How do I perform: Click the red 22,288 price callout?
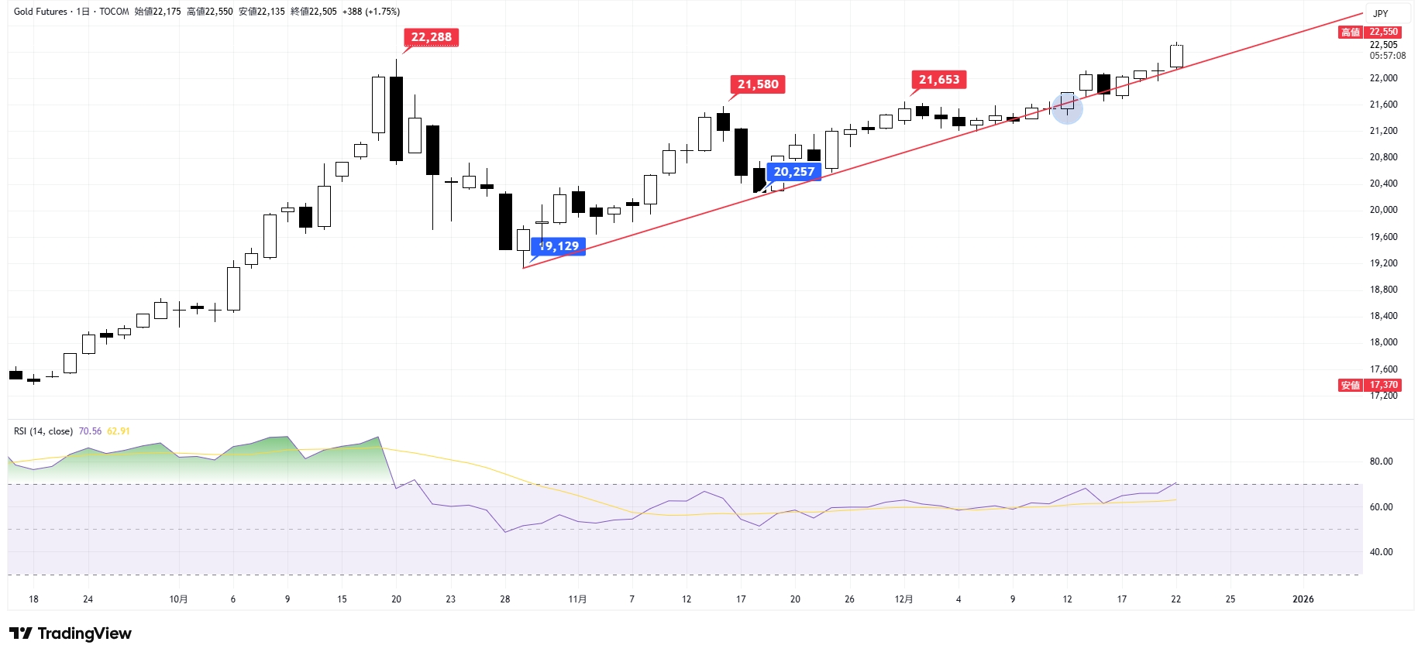point(431,37)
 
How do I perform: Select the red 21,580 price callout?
point(757,84)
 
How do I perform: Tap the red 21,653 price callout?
point(938,80)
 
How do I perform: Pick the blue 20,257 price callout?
point(793,172)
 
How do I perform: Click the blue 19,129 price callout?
point(559,246)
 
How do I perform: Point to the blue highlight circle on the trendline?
point(1067,108)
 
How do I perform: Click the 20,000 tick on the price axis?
point(1383,210)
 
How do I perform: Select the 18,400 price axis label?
point(1383,316)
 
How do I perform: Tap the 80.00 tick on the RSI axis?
point(1381,462)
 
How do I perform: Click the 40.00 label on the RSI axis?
point(1381,552)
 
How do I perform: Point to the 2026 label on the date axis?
point(1303,599)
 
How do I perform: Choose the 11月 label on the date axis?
point(577,599)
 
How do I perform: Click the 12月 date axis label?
point(903,599)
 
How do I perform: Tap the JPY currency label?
point(1380,13)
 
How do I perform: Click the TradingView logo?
point(71,633)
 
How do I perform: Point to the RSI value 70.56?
point(90,431)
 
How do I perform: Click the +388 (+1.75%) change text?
point(371,12)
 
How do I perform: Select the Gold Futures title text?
point(40,12)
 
